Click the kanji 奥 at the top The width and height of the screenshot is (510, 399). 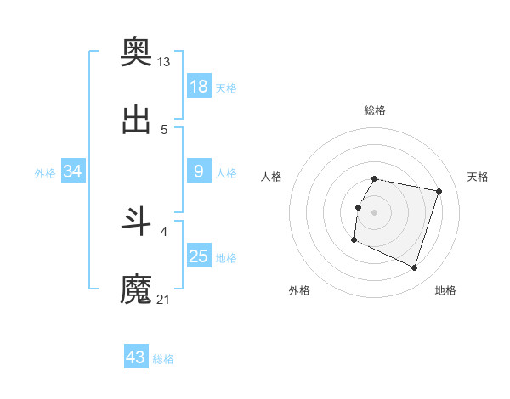click(x=137, y=52)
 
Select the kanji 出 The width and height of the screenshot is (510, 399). click(x=137, y=121)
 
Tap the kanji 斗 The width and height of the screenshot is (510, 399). click(x=137, y=222)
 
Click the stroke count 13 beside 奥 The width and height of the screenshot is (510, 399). click(x=164, y=61)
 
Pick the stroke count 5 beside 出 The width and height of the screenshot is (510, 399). click(x=164, y=129)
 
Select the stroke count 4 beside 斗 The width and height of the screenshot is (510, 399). click(x=164, y=231)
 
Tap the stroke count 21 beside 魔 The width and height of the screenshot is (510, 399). click(x=164, y=299)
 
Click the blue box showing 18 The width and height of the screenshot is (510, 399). click(x=198, y=86)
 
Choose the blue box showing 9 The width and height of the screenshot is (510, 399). click(x=198, y=171)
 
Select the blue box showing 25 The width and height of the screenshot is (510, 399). click(x=198, y=256)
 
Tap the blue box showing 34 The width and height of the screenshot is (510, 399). click(x=73, y=171)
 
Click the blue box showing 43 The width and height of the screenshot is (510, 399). click(x=135, y=357)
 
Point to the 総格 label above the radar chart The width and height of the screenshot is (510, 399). click(x=374, y=110)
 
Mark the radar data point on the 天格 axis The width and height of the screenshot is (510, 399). click(x=439, y=192)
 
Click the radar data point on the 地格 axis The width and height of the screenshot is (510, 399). click(x=414, y=267)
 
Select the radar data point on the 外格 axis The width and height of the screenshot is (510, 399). click(x=354, y=240)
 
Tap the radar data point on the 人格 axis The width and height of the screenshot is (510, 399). click(x=358, y=207)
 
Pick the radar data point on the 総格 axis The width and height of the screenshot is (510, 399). click(x=374, y=178)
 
